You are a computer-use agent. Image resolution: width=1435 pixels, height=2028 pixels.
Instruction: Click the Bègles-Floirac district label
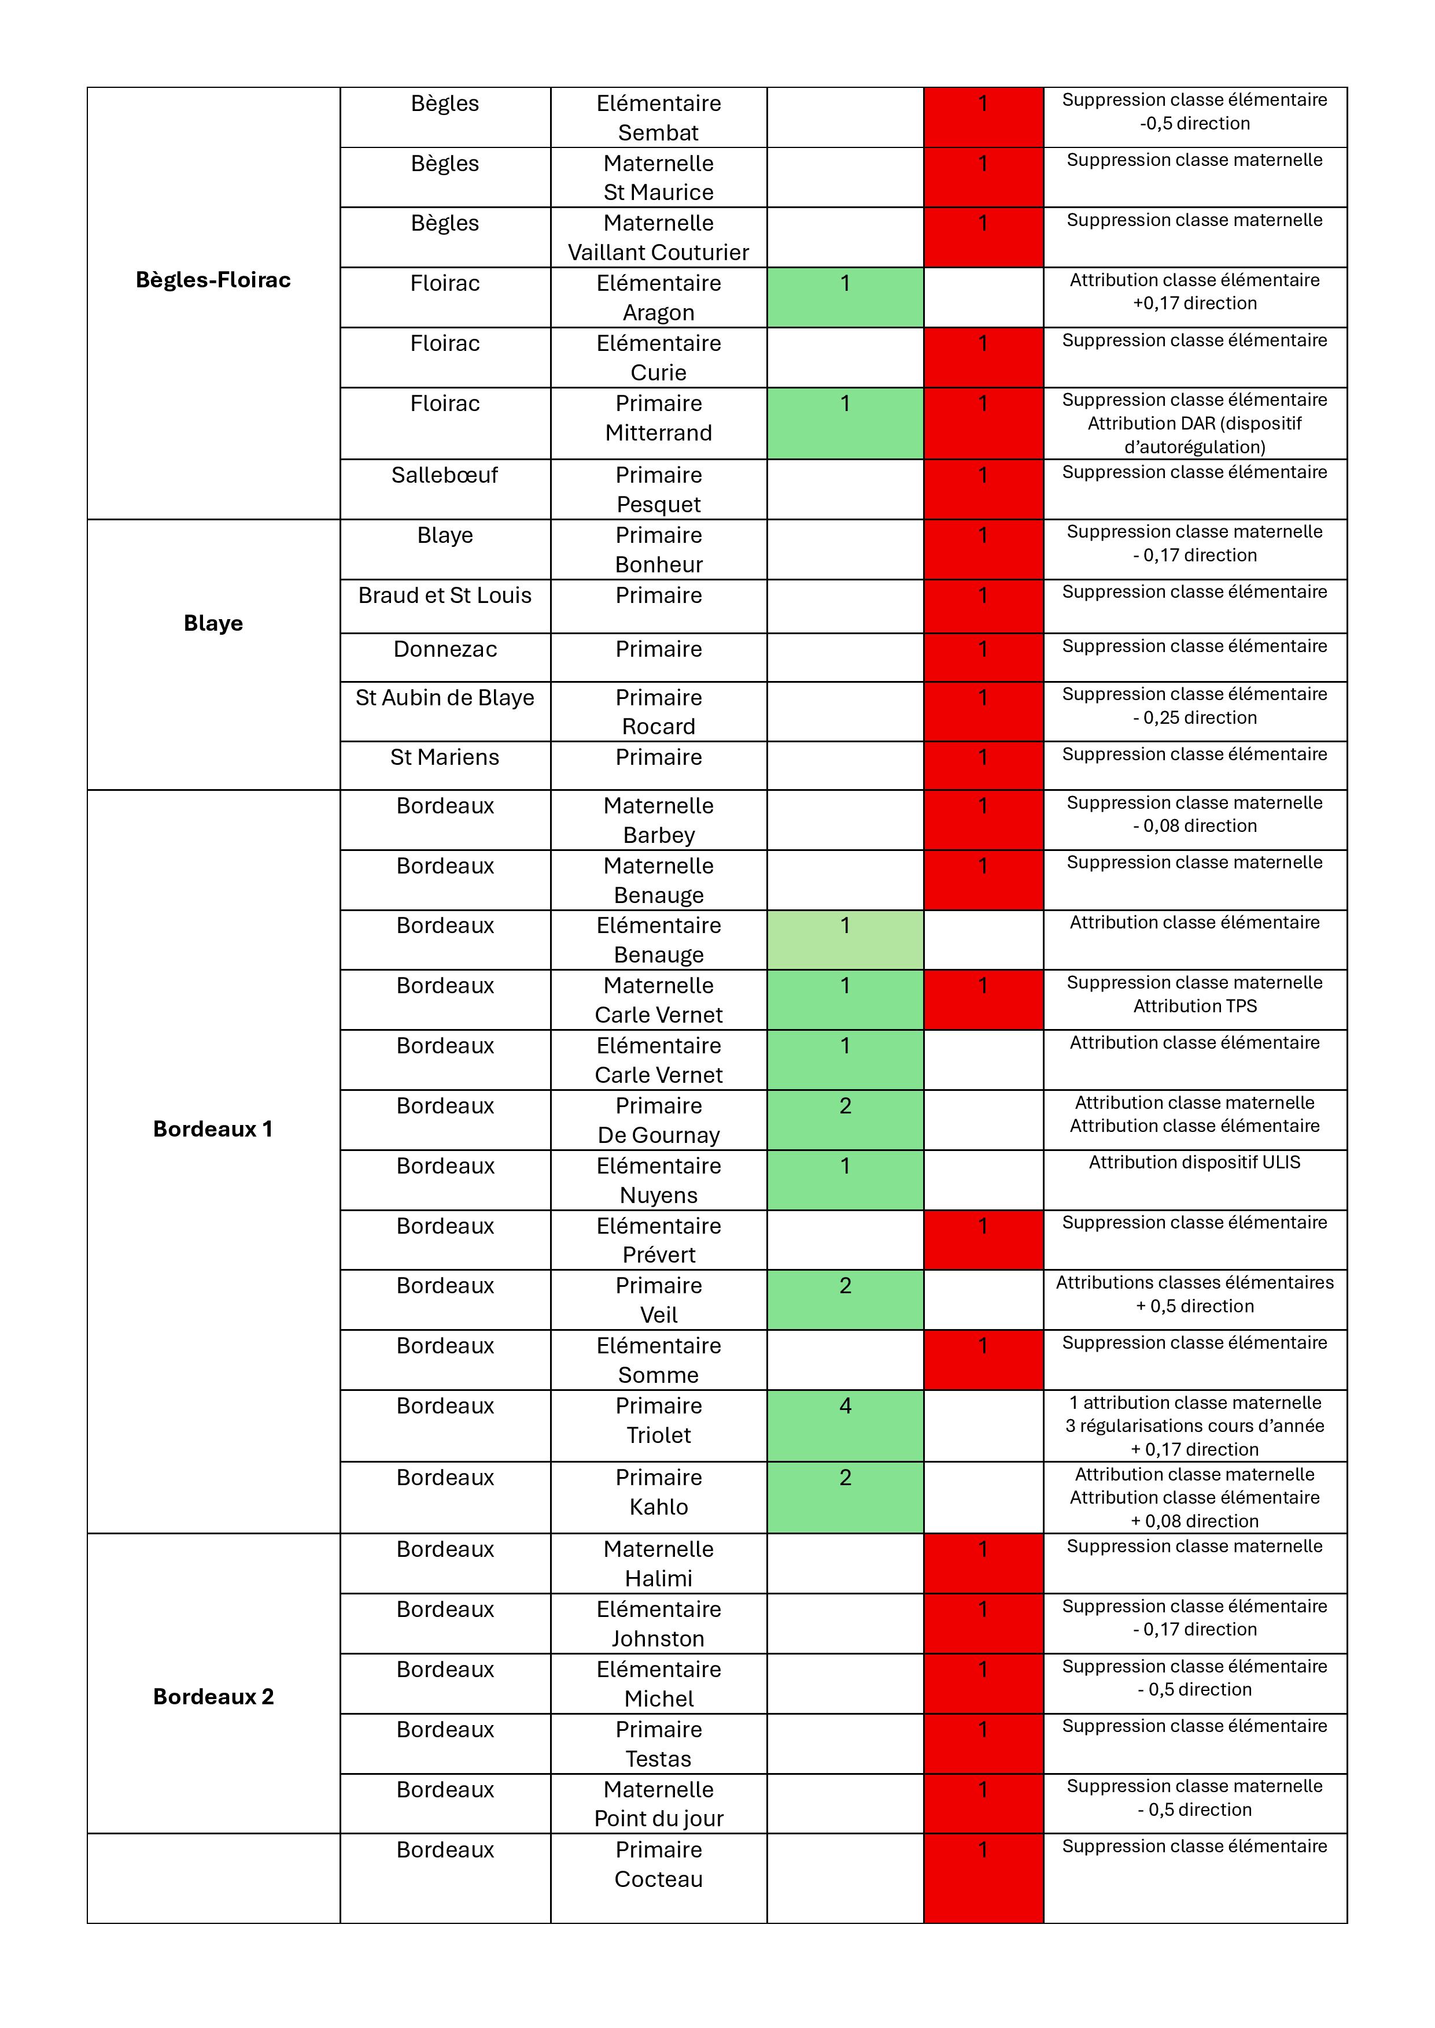click(213, 280)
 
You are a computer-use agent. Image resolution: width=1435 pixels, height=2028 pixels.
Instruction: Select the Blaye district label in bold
click(213, 624)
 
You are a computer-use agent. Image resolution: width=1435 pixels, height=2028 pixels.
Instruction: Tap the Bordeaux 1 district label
click(213, 1129)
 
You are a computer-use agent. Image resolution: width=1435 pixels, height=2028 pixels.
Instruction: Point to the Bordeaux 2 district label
click(213, 1697)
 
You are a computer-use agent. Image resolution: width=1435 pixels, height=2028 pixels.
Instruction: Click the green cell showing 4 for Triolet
click(844, 1424)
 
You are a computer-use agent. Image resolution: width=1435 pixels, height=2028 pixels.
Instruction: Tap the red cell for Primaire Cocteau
click(983, 1878)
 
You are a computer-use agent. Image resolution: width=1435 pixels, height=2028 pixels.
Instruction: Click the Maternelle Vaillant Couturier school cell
click(658, 238)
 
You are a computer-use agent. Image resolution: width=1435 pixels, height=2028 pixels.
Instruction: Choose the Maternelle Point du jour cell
click(658, 1804)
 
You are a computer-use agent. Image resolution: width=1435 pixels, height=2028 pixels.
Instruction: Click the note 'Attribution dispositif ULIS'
click(1194, 1163)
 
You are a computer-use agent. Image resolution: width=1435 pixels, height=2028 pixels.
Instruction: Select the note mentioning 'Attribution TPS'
click(1194, 1006)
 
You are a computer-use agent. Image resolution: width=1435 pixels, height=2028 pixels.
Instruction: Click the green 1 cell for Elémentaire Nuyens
click(844, 1179)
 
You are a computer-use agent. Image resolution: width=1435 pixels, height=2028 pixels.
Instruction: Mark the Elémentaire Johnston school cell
click(658, 1623)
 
